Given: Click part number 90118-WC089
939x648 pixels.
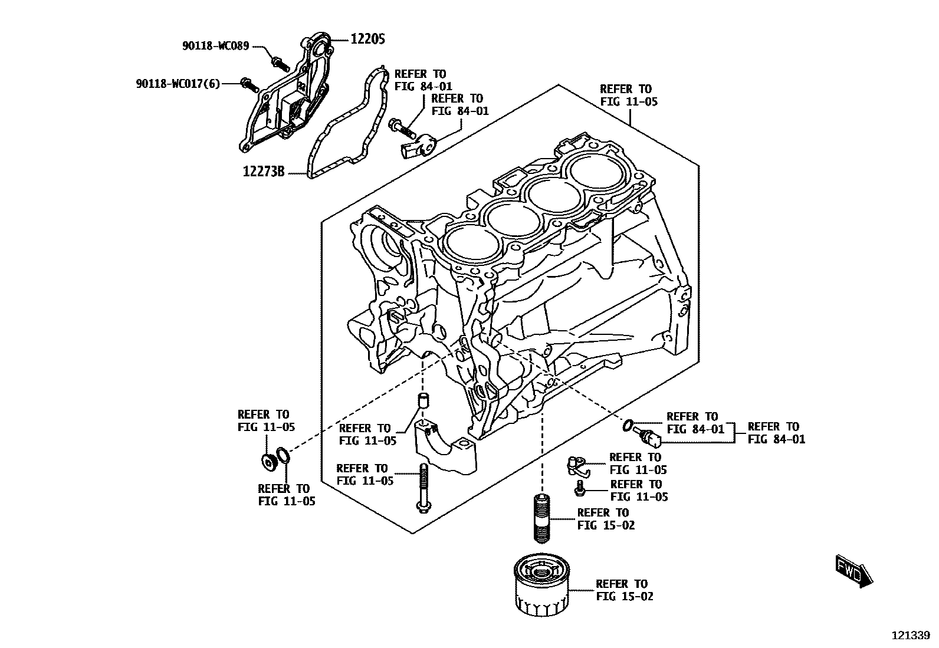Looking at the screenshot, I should pos(215,45).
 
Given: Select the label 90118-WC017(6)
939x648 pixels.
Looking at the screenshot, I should pos(178,84).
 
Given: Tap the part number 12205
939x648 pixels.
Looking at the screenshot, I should pos(367,39).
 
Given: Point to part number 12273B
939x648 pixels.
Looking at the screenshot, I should pos(264,171).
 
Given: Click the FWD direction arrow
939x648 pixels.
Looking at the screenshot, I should pos(854,571).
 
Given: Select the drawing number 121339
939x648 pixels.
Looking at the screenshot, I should pos(910,636).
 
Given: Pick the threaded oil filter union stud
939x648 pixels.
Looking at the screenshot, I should pos(542,519).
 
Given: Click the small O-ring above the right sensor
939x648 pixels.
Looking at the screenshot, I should pos(628,425).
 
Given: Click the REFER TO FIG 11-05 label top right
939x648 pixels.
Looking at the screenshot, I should pos(628,96).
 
